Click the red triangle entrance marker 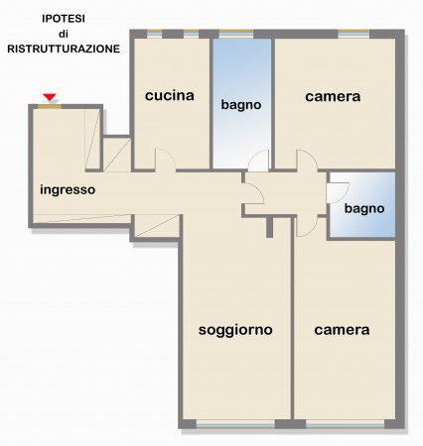[x=49, y=96]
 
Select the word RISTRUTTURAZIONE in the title [x=64, y=48]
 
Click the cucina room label [x=169, y=96]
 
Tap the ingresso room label [x=68, y=189]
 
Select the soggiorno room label [x=235, y=329]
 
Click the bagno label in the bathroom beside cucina [x=241, y=103]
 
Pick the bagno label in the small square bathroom [x=363, y=209]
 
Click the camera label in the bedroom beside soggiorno [x=342, y=329]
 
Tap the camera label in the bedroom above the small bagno [x=333, y=96]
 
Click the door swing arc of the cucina [x=166, y=159]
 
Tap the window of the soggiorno [x=235, y=424]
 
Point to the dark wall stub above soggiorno [x=269, y=227]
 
